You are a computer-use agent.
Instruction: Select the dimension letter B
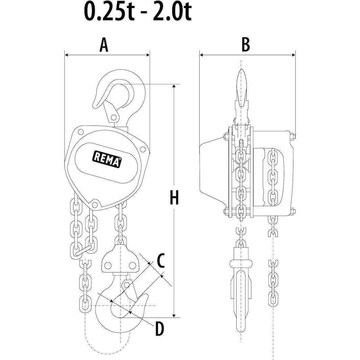(246, 45)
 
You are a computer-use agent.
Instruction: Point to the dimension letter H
(174, 198)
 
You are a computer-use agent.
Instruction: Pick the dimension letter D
(159, 329)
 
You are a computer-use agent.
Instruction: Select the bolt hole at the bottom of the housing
(95, 204)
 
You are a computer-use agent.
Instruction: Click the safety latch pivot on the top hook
(114, 117)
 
